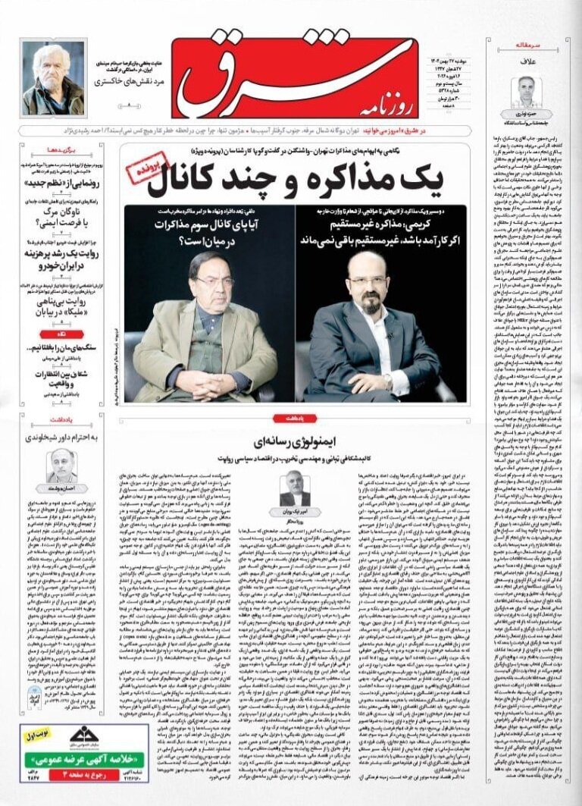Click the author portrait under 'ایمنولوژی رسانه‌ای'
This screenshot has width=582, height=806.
[x=295, y=488]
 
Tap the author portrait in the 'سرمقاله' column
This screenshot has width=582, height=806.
[x=523, y=93]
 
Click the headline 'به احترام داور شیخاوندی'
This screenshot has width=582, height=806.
[x=64, y=435]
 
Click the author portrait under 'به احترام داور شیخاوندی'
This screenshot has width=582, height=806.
[x=61, y=465]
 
